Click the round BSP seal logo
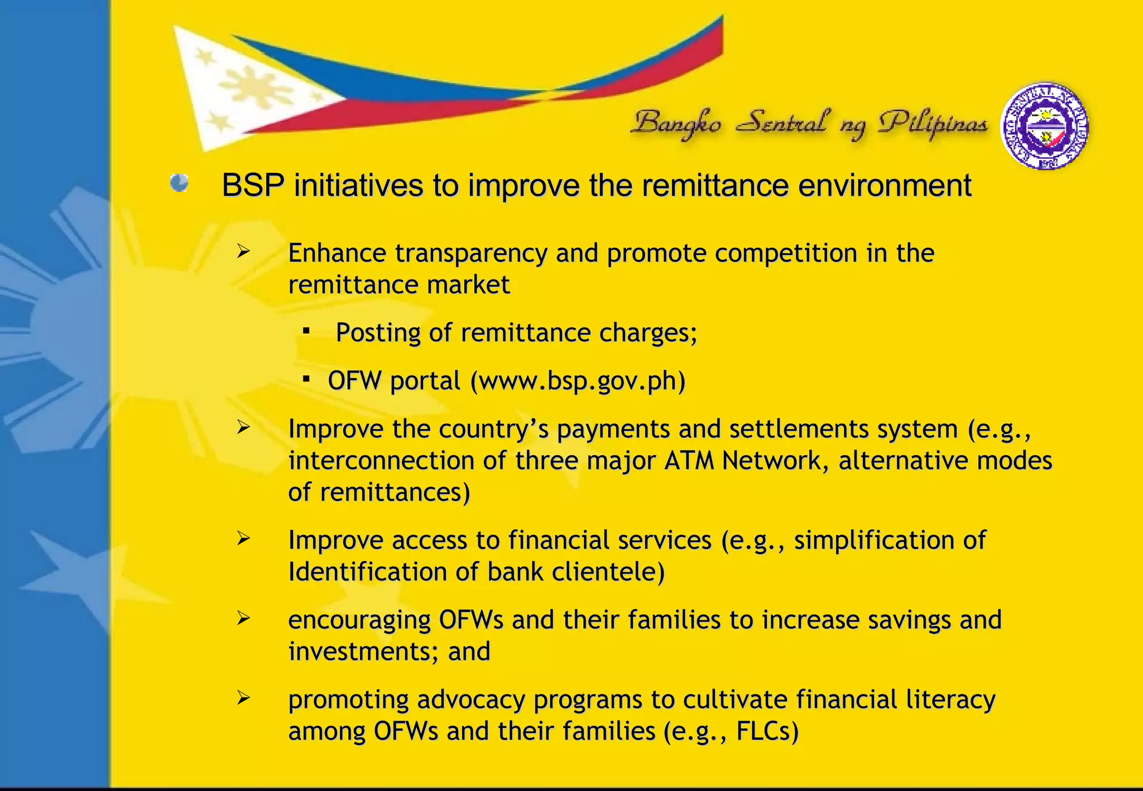(x=1044, y=126)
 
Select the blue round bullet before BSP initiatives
(x=179, y=183)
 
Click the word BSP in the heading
(x=253, y=186)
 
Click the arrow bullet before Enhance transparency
(x=243, y=252)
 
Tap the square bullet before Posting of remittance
(x=306, y=331)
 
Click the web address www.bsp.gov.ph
(x=578, y=381)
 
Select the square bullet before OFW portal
(x=306, y=379)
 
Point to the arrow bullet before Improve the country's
(x=243, y=428)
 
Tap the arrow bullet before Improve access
(x=243, y=539)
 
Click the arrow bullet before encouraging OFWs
(x=243, y=618)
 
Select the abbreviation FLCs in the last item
(x=767, y=731)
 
